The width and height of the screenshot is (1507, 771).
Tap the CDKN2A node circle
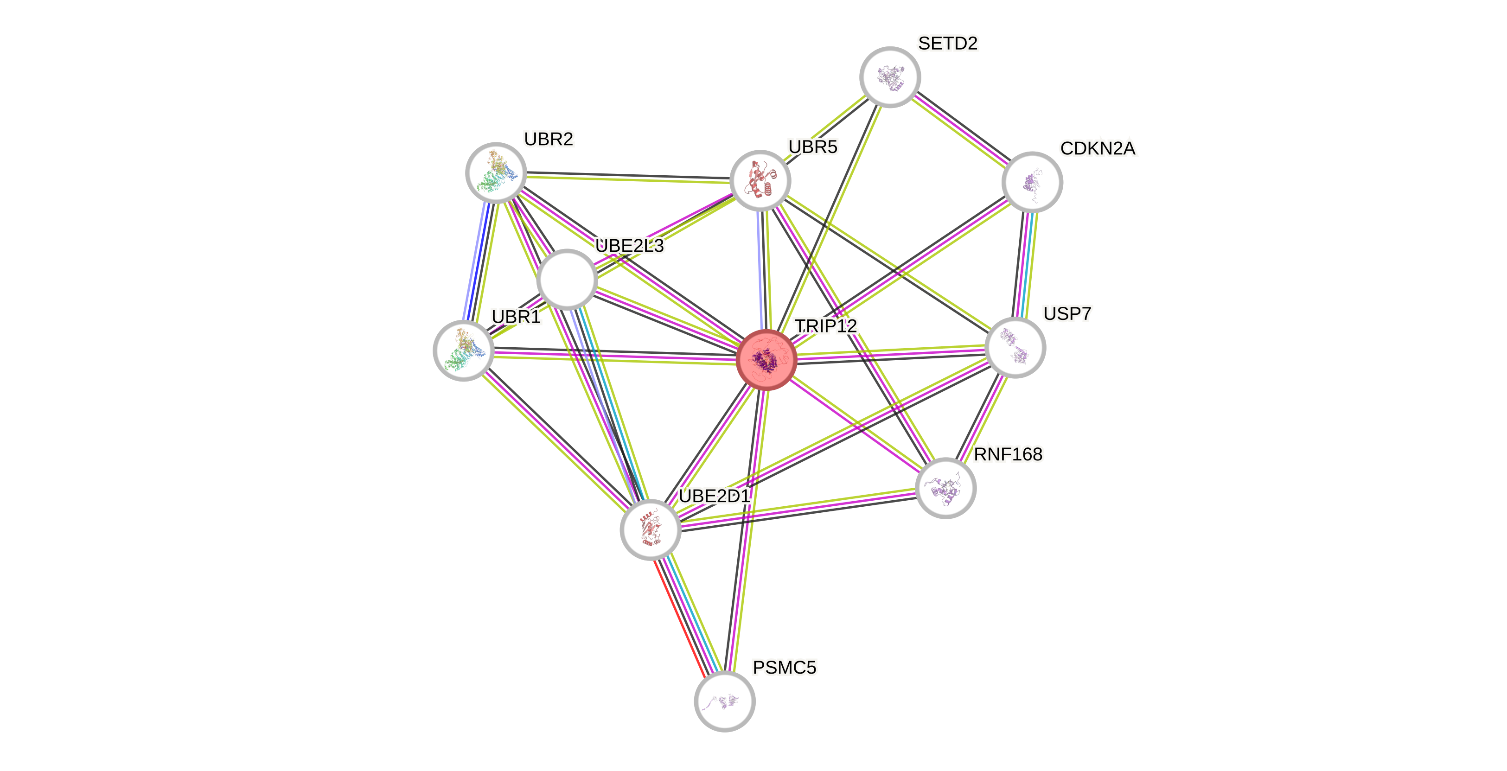click(1032, 182)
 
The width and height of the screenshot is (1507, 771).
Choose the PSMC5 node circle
click(724, 701)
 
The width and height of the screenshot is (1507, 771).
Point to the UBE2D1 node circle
click(651, 530)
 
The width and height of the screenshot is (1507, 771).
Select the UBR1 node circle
click(464, 350)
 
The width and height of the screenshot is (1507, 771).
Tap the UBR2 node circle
click(496, 172)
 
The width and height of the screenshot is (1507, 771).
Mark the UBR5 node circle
click(760, 180)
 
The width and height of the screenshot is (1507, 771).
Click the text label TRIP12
click(825, 326)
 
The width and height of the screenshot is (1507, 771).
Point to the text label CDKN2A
click(1098, 148)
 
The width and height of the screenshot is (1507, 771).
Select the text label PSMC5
click(784, 668)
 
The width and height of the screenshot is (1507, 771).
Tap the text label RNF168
click(1008, 454)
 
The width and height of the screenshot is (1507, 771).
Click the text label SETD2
click(948, 43)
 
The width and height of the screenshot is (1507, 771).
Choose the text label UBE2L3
click(630, 246)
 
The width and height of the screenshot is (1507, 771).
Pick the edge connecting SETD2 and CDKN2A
click(961, 129)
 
